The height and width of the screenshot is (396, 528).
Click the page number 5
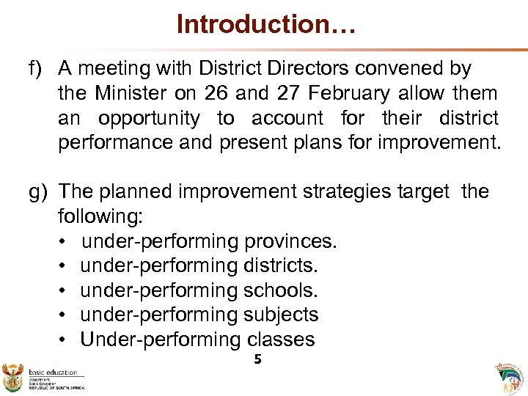pos(257,359)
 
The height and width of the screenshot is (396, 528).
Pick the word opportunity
pos(149,118)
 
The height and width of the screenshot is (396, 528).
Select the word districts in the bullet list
pos(282,265)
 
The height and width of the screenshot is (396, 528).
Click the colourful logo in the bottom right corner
pos(510,376)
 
